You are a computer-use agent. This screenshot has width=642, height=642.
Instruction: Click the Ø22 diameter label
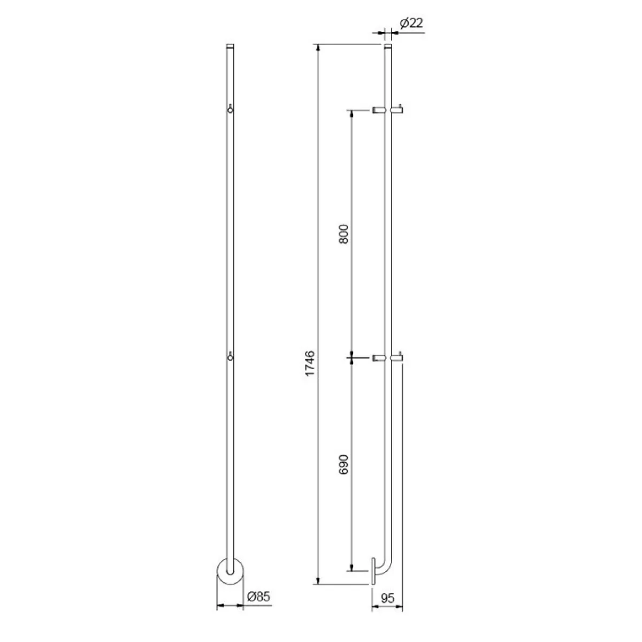pyautogui.click(x=411, y=24)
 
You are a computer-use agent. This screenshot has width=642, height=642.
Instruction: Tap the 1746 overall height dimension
pyautogui.click(x=310, y=363)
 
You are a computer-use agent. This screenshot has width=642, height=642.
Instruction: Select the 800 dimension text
pyautogui.click(x=343, y=234)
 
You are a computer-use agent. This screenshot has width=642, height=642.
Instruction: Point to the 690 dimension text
pyautogui.click(x=343, y=464)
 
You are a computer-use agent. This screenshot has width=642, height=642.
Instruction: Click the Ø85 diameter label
pyautogui.click(x=258, y=597)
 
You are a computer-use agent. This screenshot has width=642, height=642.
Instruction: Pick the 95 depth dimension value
pyautogui.click(x=387, y=598)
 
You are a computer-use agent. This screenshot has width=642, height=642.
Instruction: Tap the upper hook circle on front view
pyautogui.click(x=230, y=110)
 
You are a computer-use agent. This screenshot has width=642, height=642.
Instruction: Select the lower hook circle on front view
pyautogui.click(x=230, y=358)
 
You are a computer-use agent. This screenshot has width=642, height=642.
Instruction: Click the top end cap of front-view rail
pyautogui.click(x=230, y=46)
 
